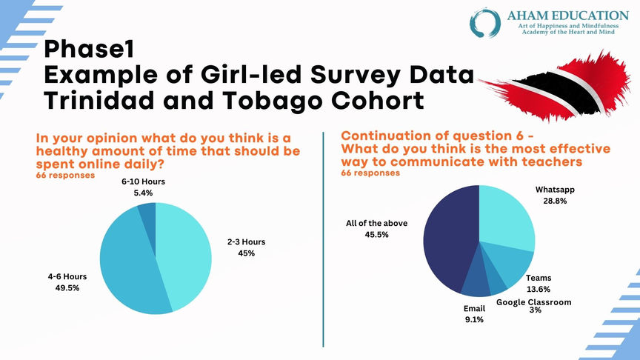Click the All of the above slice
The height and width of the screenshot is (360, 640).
pyautogui.click(x=448, y=237)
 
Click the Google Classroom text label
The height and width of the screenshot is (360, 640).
pyautogui.click(x=535, y=301)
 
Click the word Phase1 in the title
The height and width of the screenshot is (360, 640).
pyautogui.click(x=87, y=50)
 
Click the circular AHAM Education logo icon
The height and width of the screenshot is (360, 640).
pyautogui.click(x=485, y=22)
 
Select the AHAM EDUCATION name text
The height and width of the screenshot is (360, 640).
pyautogui.click(x=569, y=15)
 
